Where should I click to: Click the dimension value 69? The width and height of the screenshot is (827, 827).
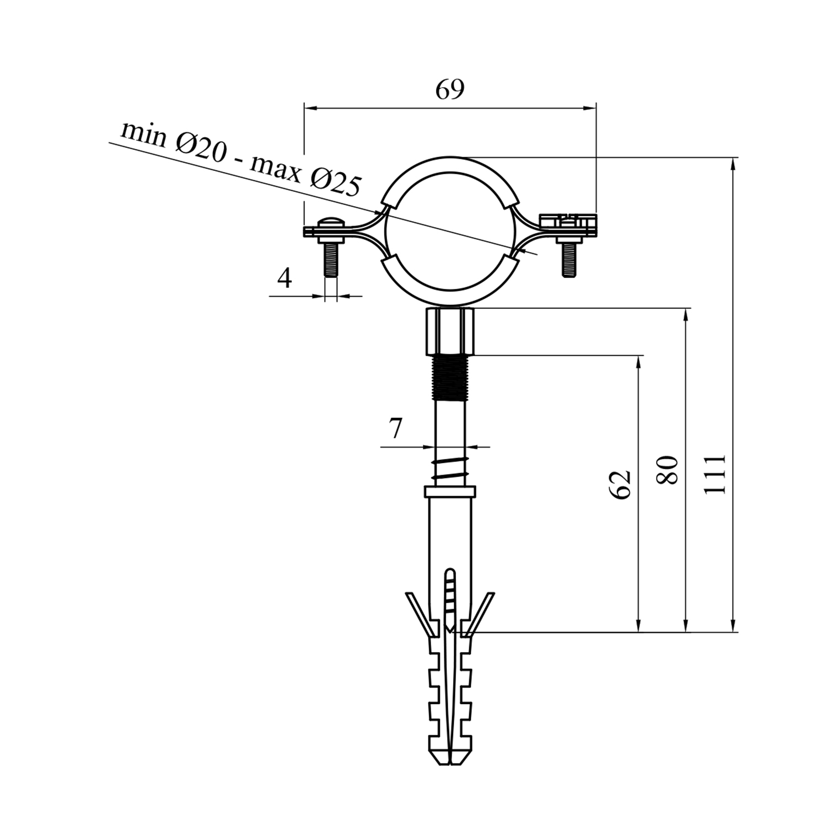click(x=449, y=89)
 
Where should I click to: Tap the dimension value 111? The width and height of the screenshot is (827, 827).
click(x=716, y=474)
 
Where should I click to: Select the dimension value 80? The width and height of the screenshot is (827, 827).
click(x=668, y=469)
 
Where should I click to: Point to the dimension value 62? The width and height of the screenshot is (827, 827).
click(x=620, y=485)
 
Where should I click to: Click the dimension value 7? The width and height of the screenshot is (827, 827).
click(x=395, y=428)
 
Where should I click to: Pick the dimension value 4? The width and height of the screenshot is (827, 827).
click(x=284, y=278)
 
